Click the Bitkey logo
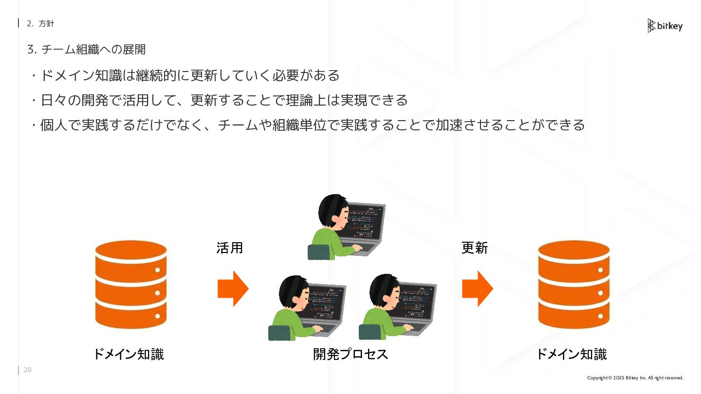pos(665,26)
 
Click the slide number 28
pos(27,370)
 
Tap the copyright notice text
pos(635,378)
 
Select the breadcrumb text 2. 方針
pos(40,23)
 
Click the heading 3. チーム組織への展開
pos(87,50)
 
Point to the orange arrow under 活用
pos(233,288)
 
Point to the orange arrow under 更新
pos(477,288)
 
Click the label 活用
pos(229,248)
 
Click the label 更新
pos(475,248)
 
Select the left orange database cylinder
pos(131,285)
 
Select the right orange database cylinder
pos(573,285)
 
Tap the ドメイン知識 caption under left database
pos(129,354)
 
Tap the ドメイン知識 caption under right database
pos(572,354)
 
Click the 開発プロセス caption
pos(350,354)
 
